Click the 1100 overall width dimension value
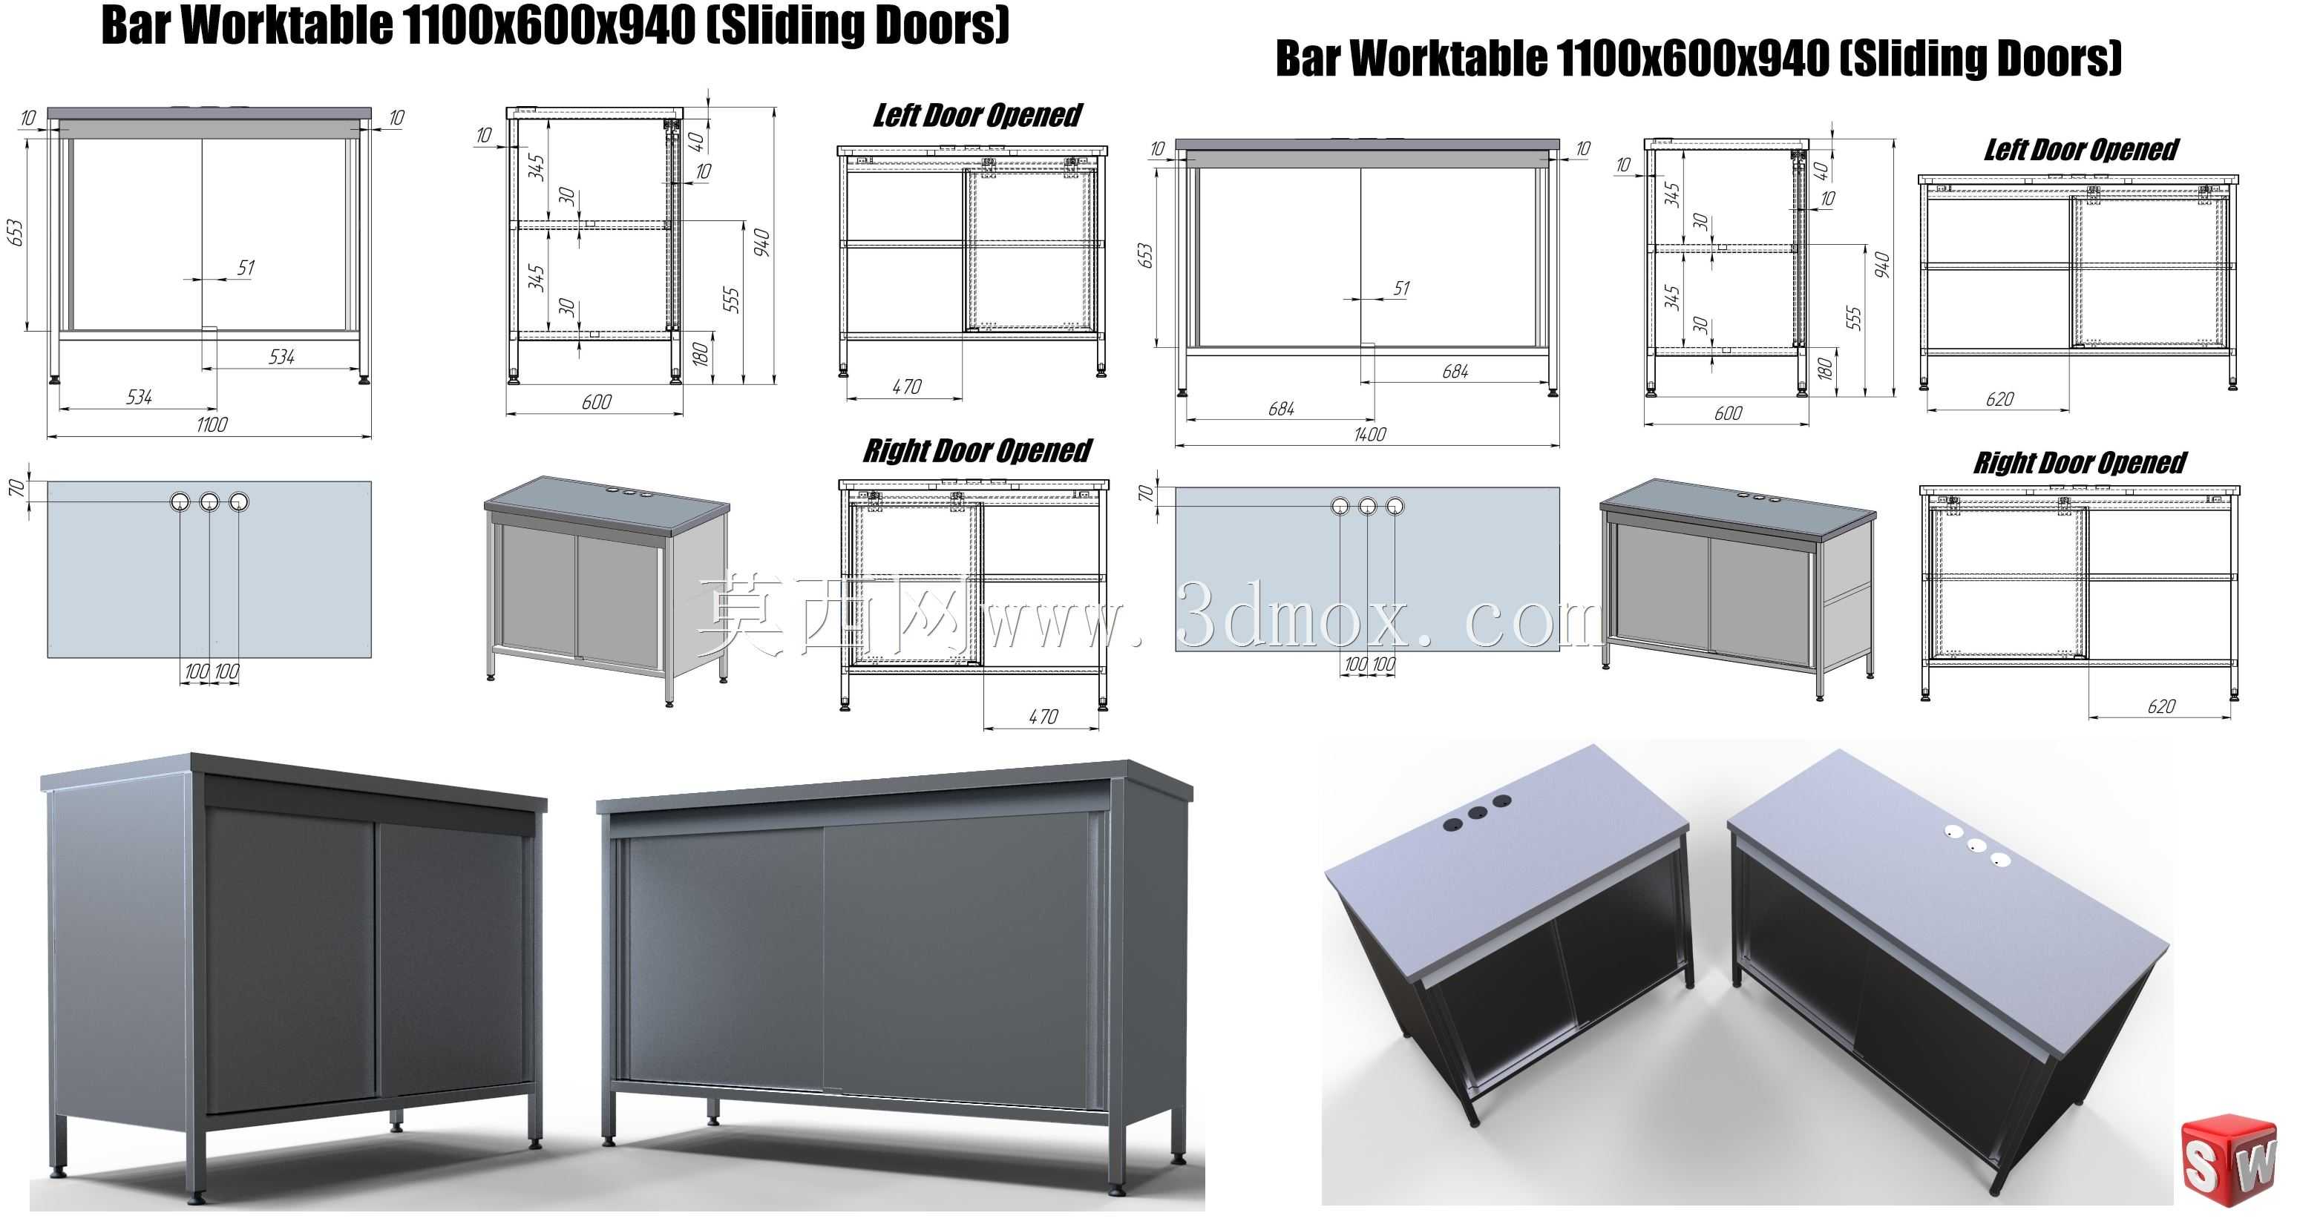[212, 425]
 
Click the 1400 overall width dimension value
[1369, 435]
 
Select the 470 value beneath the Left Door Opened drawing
[906, 387]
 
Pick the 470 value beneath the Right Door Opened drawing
[1043, 717]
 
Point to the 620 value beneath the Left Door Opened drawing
[1999, 399]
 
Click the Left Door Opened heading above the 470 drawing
[977, 116]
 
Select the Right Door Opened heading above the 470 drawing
[977, 451]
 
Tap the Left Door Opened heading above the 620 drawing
[2081, 150]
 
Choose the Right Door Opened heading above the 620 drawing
[2080, 463]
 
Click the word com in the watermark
[1532, 619]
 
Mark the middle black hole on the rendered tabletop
[1477, 813]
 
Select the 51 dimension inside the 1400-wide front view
[1401, 289]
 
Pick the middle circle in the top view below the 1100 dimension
[209, 501]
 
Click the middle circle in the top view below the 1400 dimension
[1367, 506]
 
